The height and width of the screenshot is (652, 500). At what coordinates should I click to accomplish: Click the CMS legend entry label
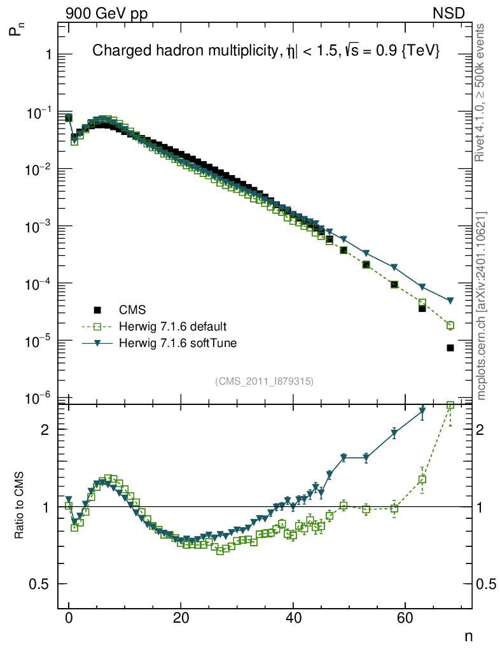[x=132, y=310]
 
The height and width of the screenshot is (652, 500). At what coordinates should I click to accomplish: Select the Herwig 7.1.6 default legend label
[x=172, y=327]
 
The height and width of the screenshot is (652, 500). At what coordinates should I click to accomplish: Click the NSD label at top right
[x=449, y=13]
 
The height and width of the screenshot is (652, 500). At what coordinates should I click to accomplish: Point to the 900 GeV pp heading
[x=106, y=13]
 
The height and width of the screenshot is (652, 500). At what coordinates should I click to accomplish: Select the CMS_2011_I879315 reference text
[x=265, y=381]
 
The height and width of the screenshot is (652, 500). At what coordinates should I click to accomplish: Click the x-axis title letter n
[x=468, y=635]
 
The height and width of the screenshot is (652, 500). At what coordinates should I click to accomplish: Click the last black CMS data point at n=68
[x=450, y=348]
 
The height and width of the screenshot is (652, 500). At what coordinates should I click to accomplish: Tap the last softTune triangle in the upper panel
[x=450, y=301]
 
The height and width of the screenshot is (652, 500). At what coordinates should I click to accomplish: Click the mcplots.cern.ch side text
[x=482, y=306]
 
